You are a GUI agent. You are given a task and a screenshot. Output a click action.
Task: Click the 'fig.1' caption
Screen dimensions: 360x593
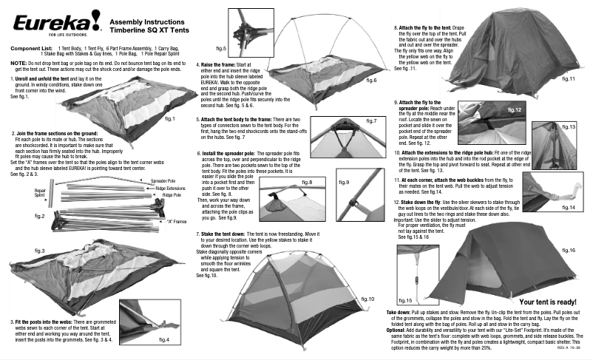tap(169, 118)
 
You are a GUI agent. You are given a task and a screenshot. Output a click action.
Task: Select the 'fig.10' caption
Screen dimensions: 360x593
tap(367, 299)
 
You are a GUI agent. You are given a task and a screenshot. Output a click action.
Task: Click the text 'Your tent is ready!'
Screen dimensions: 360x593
tap(547, 302)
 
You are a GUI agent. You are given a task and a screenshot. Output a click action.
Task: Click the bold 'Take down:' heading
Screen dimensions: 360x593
tap(404, 313)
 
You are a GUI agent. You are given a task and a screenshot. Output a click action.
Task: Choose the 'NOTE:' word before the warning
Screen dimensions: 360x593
tap(18, 64)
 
